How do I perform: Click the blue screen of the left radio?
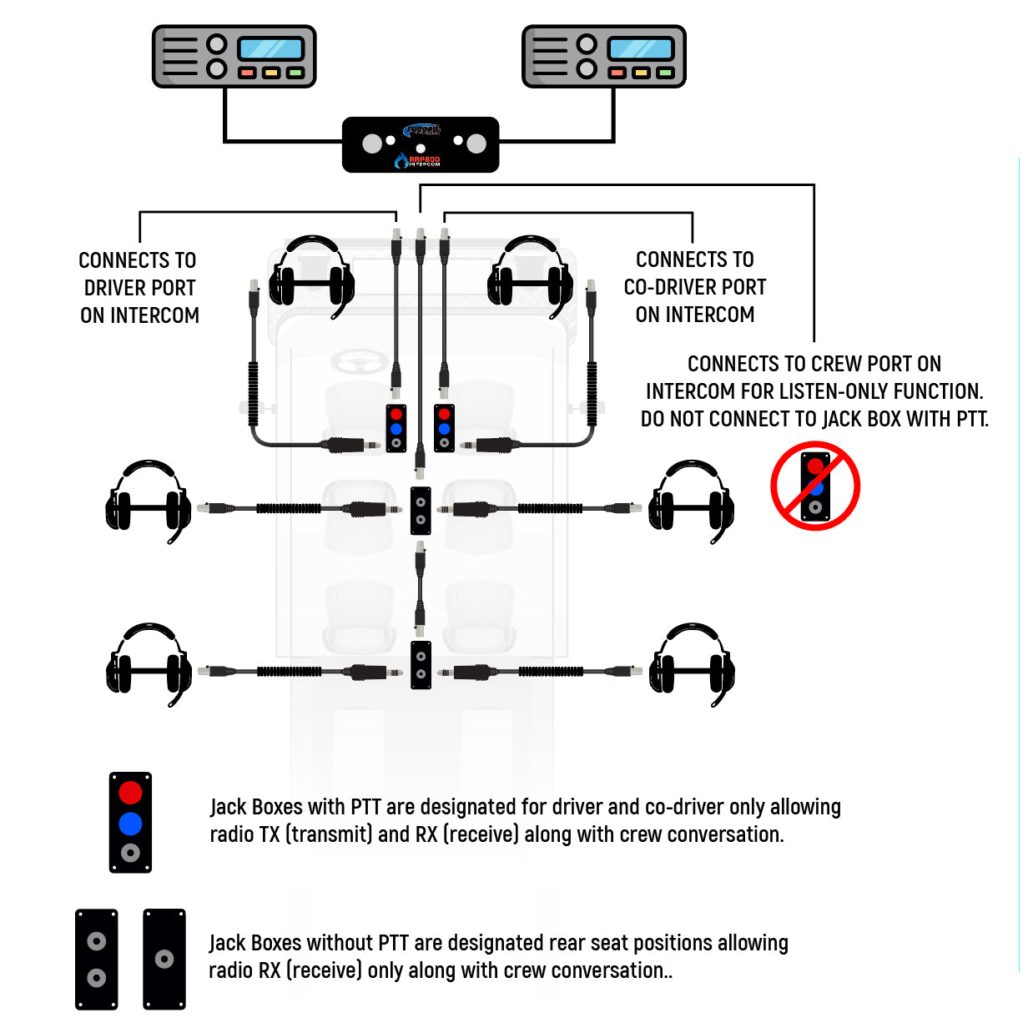[271, 48]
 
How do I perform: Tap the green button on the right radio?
[665, 73]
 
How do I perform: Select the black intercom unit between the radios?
[421, 145]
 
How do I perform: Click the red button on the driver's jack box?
[396, 414]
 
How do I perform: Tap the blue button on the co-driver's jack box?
[444, 429]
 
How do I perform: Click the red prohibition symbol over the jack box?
[815, 486]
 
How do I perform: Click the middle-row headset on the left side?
[148, 500]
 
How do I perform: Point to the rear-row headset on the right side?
[692, 663]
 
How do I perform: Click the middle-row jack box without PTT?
[421, 511]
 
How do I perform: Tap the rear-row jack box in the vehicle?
[421, 665]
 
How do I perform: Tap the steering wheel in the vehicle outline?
[358, 363]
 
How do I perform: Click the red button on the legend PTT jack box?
[130, 792]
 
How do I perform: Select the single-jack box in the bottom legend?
[164, 960]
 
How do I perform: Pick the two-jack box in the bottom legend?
[97, 960]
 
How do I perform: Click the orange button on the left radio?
[271, 73]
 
